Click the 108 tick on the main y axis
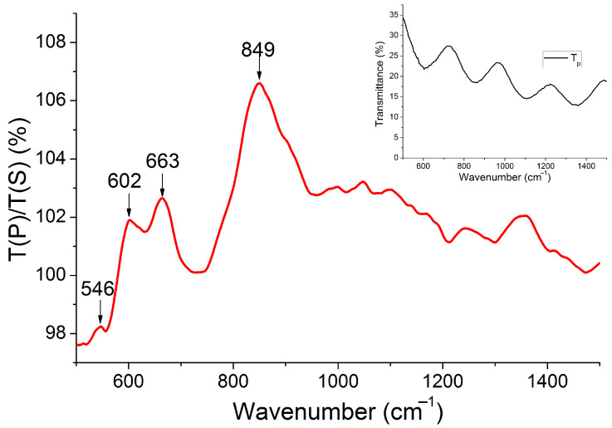(56, 42)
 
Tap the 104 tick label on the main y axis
(56, 159)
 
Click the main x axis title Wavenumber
(337, 411)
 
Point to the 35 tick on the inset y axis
(394, 16)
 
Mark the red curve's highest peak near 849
(259, 83)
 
